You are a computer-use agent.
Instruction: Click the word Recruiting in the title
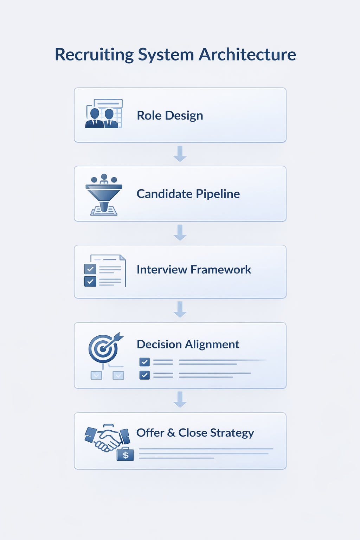[94, 55]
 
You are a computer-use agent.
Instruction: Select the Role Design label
[170, 115]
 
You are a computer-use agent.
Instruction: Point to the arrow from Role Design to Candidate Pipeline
[180, 154]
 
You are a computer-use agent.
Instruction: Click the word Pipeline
[218, 194]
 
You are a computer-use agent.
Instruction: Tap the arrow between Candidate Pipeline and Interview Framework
[180, 232]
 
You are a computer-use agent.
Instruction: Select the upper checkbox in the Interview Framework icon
[90, 269]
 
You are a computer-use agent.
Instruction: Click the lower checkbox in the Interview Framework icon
[90, 281]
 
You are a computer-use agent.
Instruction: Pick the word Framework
[220, 270]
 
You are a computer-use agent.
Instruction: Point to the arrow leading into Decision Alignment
[180, 309]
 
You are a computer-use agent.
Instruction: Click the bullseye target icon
[103, 348]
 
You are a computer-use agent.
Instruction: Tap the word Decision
[159, 344]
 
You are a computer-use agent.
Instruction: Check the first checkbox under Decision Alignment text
[144, 362]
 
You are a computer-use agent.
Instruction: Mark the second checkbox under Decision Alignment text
[144, 375]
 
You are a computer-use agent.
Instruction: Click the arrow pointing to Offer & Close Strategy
[180, 399]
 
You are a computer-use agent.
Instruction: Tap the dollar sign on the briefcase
[126, 455]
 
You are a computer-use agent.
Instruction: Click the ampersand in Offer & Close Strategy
[171, 433]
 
